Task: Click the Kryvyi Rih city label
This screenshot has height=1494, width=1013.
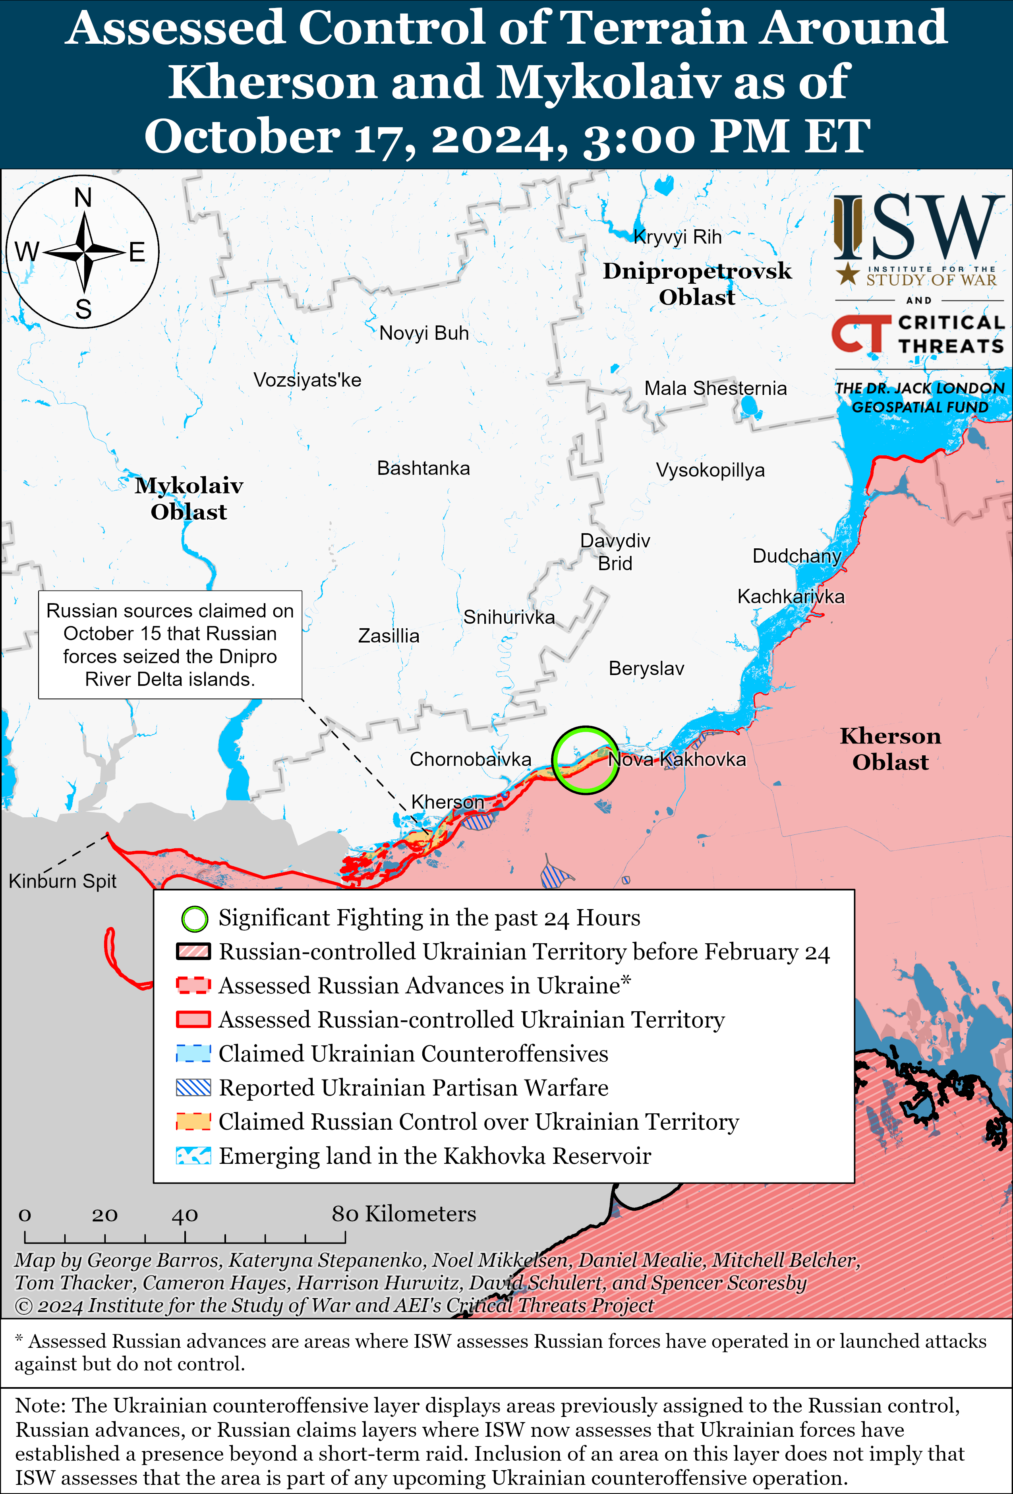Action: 677,237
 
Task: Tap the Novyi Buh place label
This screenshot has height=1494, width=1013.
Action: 423,333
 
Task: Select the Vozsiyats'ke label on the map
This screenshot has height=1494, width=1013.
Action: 307,380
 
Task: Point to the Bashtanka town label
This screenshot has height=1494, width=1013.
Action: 423,468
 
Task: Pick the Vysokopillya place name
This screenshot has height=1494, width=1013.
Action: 709,470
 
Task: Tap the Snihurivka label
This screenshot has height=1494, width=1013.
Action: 508,617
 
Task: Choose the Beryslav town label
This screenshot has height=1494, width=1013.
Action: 646,669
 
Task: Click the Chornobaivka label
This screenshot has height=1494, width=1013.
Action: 470,759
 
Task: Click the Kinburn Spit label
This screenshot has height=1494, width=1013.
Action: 62,881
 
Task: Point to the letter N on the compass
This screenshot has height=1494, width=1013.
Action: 83,197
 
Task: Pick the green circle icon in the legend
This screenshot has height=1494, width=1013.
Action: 194,919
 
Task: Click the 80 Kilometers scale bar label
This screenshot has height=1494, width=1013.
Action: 404,1214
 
